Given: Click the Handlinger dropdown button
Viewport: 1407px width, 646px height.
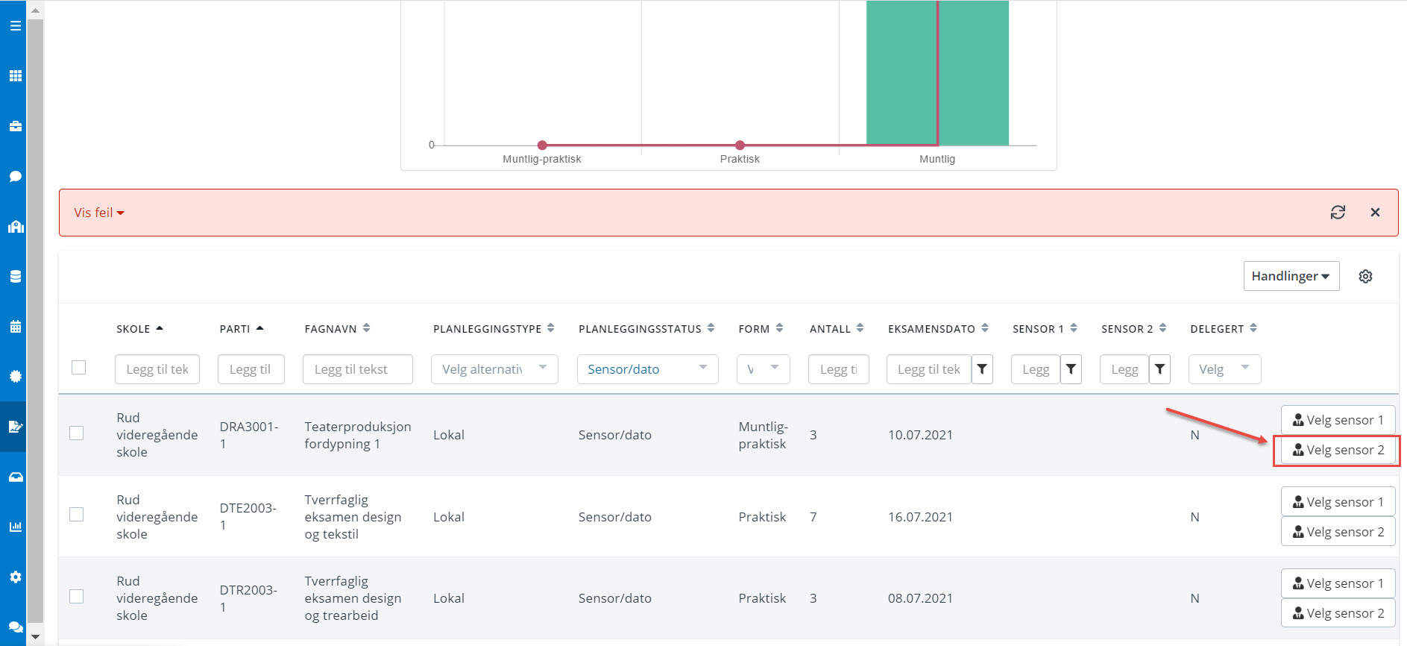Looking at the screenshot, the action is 1291,276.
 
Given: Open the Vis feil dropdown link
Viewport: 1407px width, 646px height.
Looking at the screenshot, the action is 98,213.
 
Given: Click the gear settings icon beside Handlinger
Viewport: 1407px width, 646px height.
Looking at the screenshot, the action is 1365,276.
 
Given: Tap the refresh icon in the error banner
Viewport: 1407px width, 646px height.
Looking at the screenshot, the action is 1338,213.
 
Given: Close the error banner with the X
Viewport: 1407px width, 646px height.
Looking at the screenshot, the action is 1375,213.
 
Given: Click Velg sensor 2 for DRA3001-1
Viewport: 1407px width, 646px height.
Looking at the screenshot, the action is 1338,450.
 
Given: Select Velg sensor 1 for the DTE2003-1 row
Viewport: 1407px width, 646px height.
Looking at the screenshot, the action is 1338,502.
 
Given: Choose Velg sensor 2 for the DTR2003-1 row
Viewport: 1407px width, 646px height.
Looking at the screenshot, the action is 1338,613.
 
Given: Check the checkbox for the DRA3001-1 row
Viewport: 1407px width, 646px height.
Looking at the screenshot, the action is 77,433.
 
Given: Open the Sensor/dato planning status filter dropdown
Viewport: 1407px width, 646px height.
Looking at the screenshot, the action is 647,369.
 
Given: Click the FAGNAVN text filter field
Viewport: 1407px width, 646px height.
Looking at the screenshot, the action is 358,369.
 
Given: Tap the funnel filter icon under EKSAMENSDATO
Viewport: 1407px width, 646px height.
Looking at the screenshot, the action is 982,369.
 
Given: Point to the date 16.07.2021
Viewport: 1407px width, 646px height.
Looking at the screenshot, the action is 920,517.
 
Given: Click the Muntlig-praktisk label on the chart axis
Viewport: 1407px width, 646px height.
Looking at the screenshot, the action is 541,159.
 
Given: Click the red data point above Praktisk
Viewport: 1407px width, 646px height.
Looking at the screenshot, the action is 740,145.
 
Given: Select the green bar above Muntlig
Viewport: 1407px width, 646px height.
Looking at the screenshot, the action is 937,73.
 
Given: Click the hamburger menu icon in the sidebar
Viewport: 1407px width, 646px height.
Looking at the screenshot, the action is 15,26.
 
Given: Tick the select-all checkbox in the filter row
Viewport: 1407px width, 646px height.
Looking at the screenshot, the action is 79,368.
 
